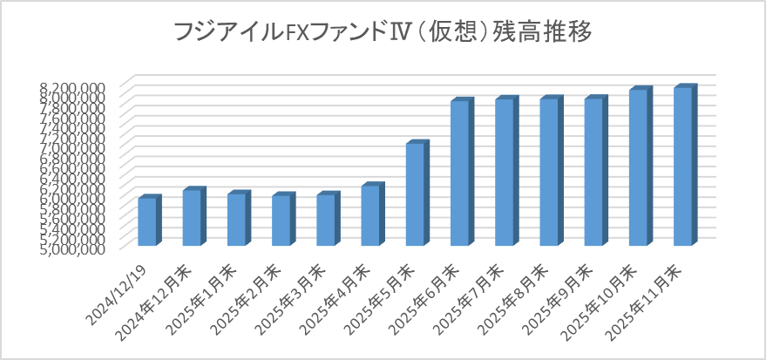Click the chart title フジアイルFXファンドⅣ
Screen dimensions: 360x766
click(383, 33)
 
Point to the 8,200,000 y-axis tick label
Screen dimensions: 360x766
click(73, 86)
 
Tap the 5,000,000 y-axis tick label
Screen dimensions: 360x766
click(73, 248)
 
